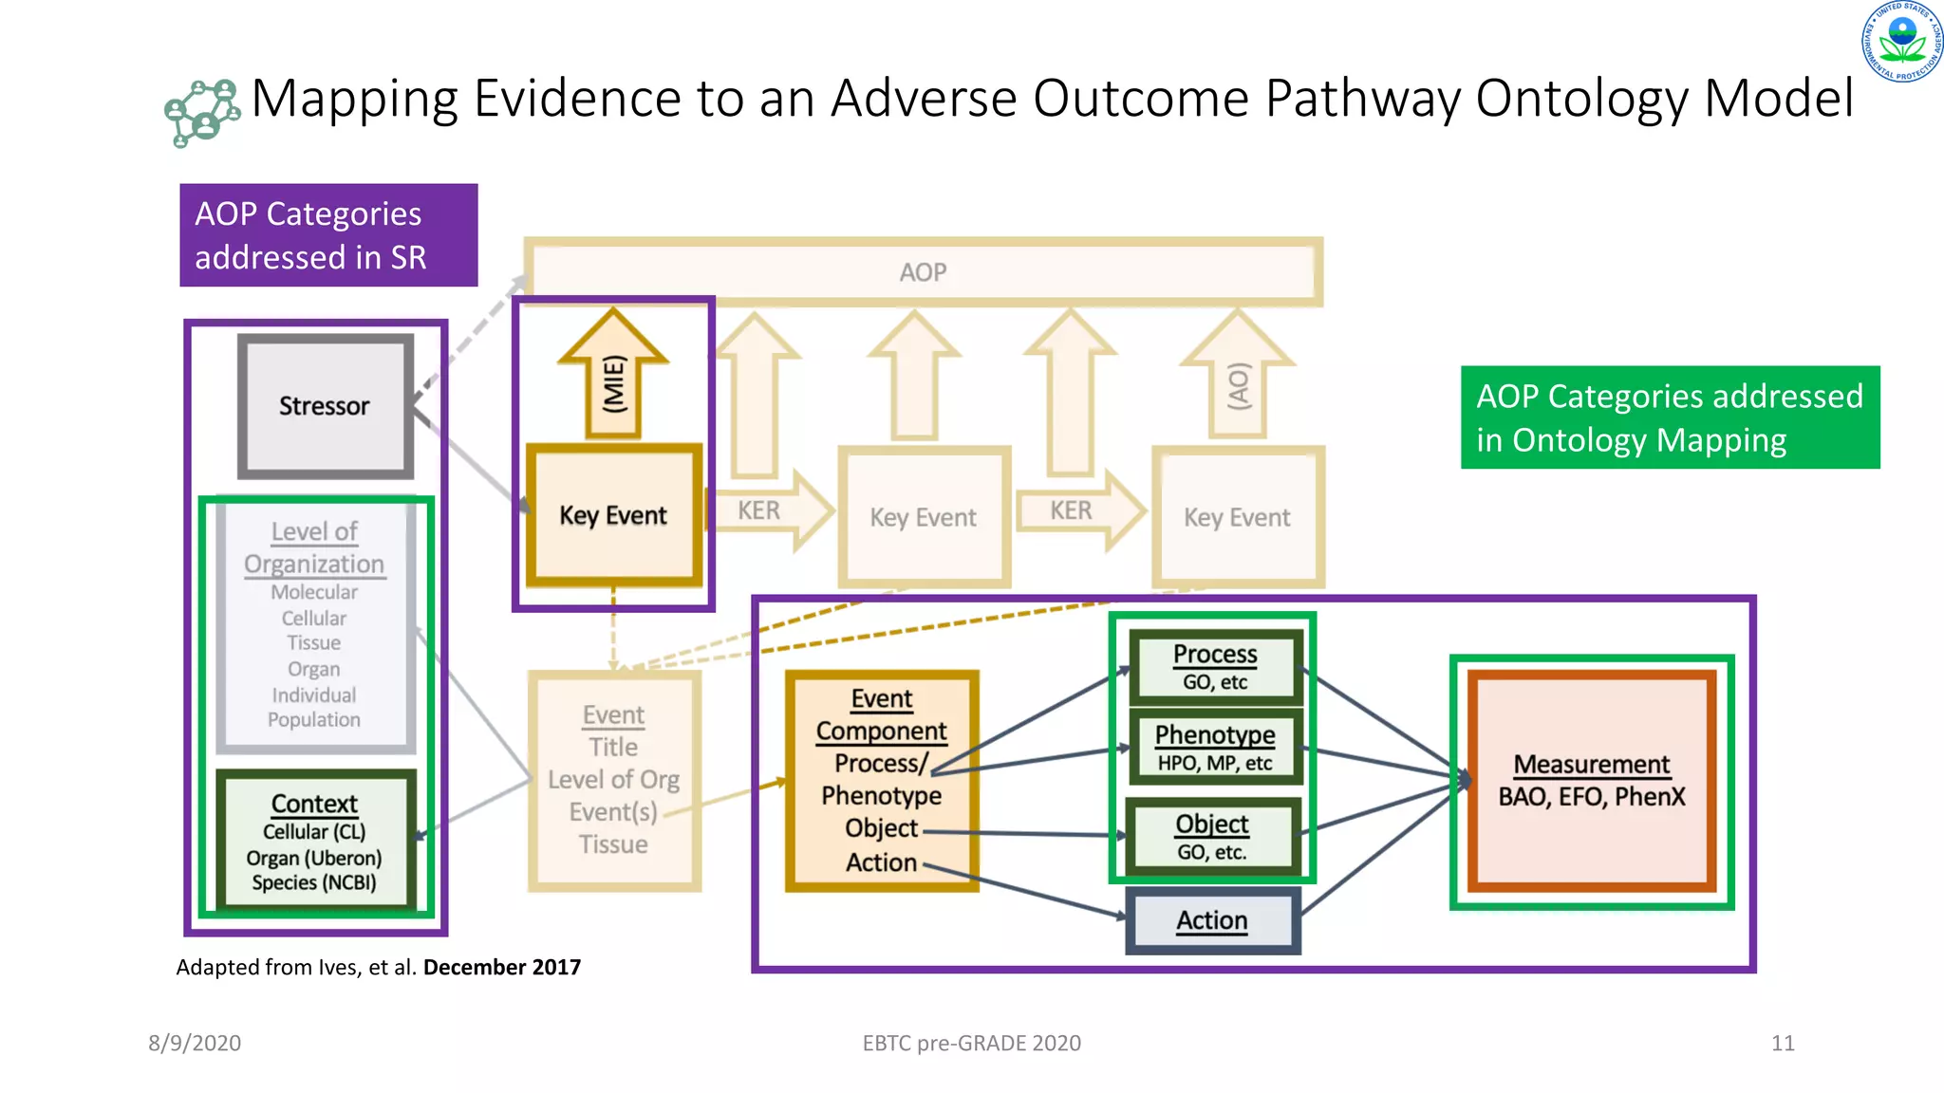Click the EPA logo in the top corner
coord(1902,41)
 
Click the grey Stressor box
coord(325,406)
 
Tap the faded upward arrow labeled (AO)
coord(1237,380)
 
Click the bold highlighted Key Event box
coord(613,515)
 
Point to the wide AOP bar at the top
coord(923,272)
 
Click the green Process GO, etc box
coord(1214,666)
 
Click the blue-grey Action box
coord(1212,920)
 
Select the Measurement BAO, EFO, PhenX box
coord(1592,780)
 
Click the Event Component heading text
coord(881,714)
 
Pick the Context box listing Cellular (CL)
coord(315,842)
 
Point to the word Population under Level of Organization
coord(314,720)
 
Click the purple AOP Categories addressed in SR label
coord(328,235)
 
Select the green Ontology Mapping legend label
coord(1669,417)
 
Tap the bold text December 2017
coord(501,967)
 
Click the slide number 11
coord(1782,1043)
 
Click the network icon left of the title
coord(201,113)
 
